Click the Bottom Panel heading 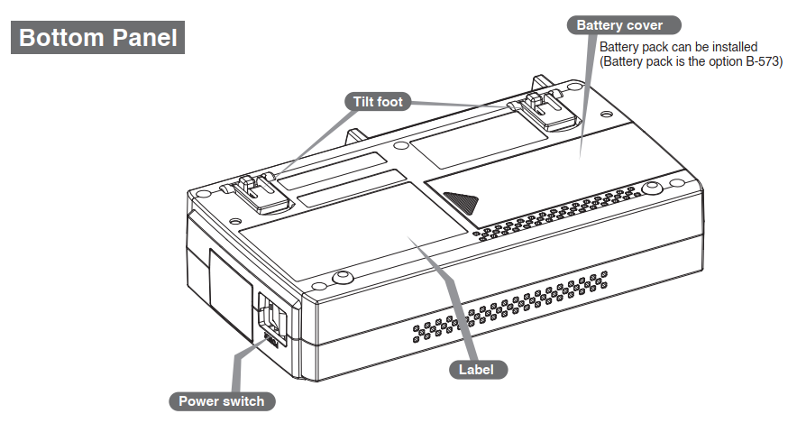[97, 39]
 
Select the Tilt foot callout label [379, 102]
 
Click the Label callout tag [478, 369]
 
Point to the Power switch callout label [222, 401]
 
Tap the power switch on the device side [272, 317]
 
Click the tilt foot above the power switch [260, 190]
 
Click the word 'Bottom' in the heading [56, 39]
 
